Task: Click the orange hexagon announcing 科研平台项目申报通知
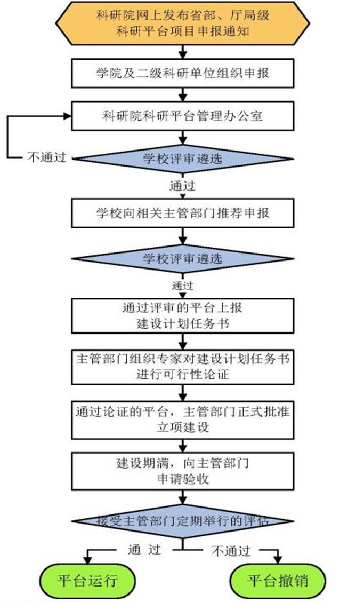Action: coord(182,23)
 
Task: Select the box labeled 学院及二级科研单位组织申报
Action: coord(182,73)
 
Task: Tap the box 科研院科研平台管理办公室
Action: coord(182,116)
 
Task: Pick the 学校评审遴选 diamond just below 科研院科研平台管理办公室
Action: coord(182,159)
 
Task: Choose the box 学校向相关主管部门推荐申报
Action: coord(182,213)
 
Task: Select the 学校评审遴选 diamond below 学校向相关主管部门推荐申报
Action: coord(182,258)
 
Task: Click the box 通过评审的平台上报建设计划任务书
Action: coord(182,315)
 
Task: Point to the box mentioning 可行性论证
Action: coord(182,366)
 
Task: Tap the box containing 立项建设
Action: coord(182,419)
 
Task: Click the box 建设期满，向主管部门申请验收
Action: coord(182,471)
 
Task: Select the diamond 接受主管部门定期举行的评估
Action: coord(182,521)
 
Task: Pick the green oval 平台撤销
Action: coord(278,580)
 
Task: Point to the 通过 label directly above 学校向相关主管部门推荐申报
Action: coord(182,187)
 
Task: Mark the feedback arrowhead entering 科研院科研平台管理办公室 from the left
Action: coord(68,115)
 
